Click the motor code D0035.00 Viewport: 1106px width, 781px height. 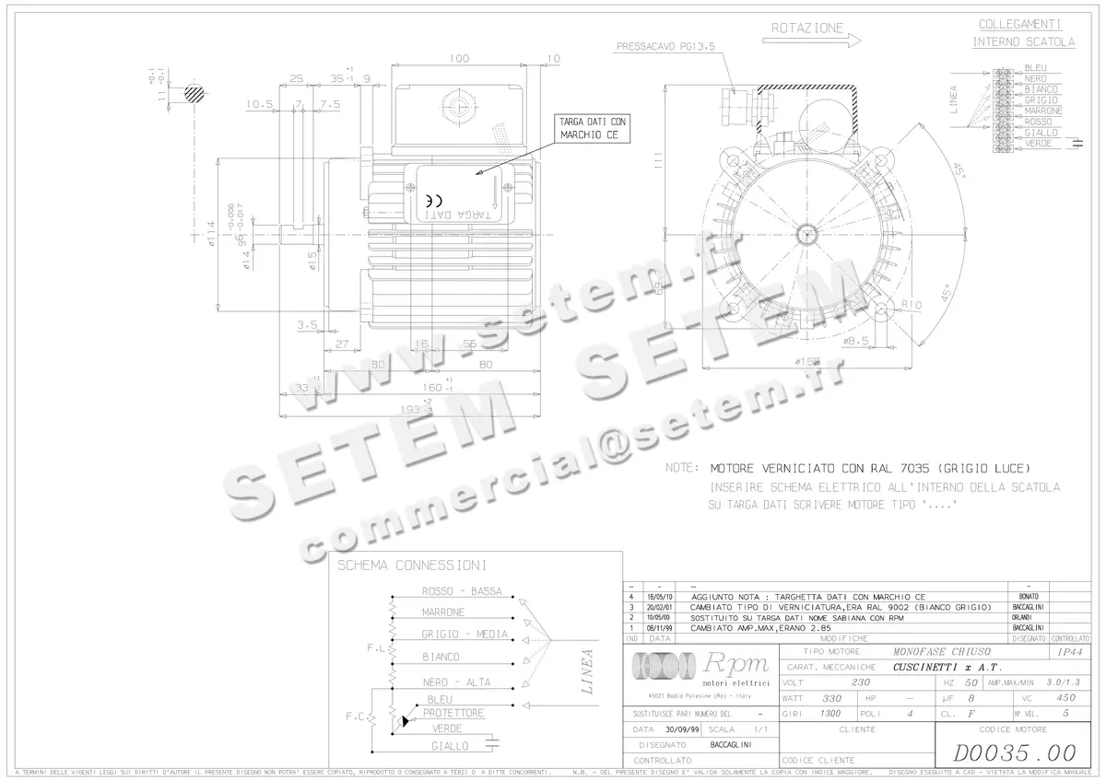pos(1014,753)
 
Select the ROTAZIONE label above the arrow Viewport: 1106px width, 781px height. pos(806,29)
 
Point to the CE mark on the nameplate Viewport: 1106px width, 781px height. pos(434,199)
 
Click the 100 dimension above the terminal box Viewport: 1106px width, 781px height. pos(458,58)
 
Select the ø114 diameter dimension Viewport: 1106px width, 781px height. pos(211,239)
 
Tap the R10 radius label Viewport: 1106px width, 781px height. pos(912,305)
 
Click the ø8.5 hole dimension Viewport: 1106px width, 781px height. pos(856,341)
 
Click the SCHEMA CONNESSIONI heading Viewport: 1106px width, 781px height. pos(411,565)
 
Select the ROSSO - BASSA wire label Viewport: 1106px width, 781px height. pos(462,591)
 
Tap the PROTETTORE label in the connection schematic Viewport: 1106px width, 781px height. pos(453,714)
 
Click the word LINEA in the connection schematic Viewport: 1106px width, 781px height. pos(587,671)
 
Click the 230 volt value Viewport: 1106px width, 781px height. pos(859,682)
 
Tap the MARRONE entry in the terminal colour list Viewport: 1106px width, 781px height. pos(1043,111)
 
